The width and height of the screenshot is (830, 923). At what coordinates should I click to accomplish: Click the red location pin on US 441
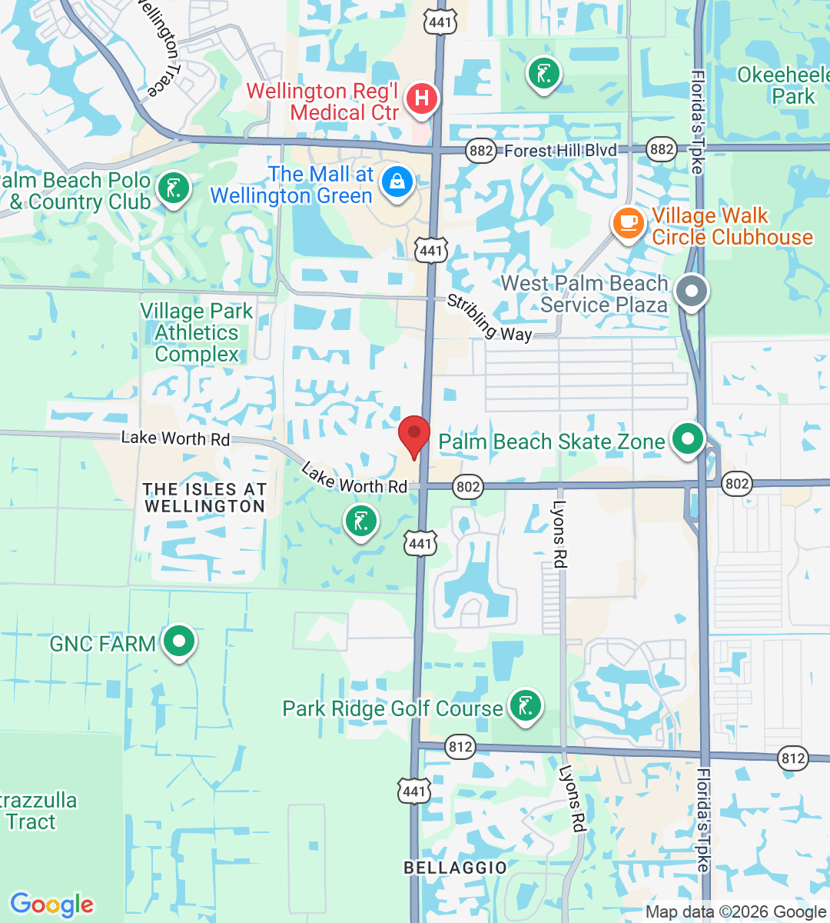click(x=414, y=435)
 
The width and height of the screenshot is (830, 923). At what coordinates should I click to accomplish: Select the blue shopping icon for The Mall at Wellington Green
click(x=397, y=182)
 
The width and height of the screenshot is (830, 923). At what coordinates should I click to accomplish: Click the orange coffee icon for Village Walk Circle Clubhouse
click(x=628, y=223)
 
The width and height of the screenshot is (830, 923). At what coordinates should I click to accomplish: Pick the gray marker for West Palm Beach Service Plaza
click(x=692, y=292)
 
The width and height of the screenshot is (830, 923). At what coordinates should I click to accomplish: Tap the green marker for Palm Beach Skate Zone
click(x=687, y=439)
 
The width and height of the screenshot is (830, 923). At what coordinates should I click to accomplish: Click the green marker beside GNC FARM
click(x=179, y=641)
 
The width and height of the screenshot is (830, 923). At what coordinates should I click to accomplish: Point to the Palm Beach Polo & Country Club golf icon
click(x=173, y=188)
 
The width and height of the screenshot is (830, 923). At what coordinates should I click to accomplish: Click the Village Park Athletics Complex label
click(x=197, y=332)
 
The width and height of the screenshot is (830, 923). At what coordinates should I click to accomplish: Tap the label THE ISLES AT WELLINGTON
click(x=204, y=498)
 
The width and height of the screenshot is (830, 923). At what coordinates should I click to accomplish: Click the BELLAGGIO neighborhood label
click(x=455, y=868)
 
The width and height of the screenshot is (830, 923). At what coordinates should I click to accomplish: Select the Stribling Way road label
click(x=489, y=318)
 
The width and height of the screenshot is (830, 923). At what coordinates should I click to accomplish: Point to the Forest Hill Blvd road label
click(x=560, y=151)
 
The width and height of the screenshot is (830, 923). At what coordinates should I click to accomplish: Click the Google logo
click(x=51, y=905)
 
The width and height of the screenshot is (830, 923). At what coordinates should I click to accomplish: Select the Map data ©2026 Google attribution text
click(x=735, y=912)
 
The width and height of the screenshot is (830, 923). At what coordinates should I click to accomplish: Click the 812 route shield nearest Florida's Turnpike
click(x=792, y=758)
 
